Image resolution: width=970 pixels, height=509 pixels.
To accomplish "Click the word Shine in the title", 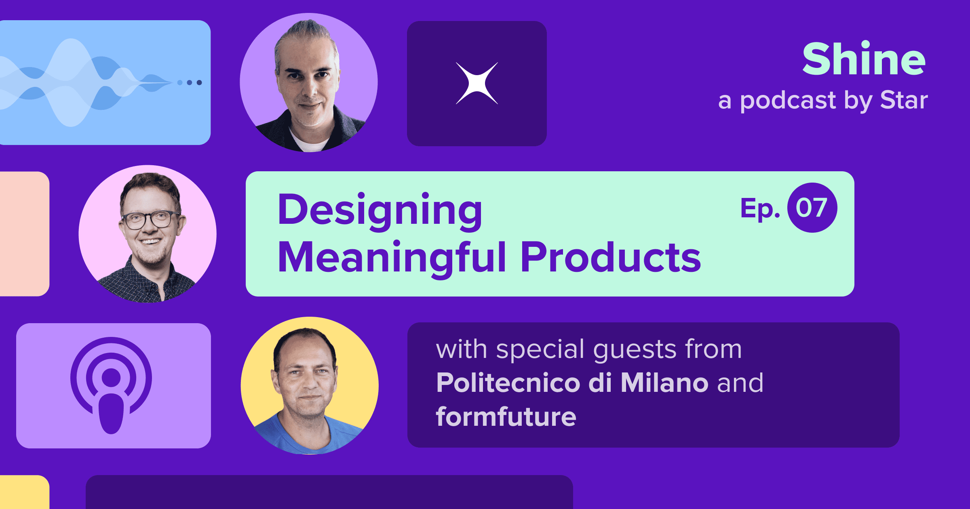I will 864,59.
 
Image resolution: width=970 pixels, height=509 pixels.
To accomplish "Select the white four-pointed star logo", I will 477,83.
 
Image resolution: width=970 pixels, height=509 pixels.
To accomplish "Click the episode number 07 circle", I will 812,208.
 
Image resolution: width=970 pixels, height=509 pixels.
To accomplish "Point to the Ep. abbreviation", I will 760,208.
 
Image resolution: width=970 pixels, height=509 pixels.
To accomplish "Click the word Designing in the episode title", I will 380,211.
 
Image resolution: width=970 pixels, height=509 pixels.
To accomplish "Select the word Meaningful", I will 392,258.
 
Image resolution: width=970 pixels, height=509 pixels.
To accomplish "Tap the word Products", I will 610,258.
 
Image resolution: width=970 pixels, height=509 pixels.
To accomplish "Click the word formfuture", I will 506,416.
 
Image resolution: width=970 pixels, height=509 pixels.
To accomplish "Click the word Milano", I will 664,383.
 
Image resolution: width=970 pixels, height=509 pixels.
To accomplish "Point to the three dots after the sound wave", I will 190,82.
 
